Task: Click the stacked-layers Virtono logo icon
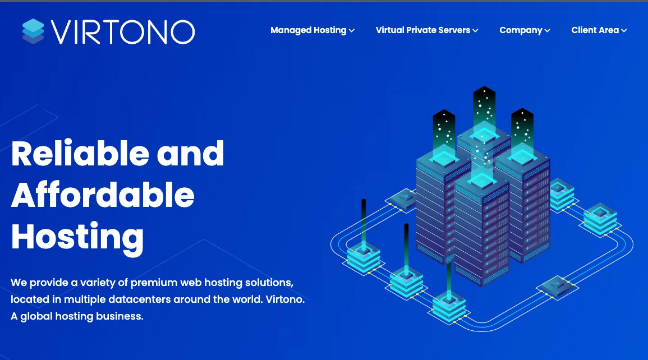click(33, 31)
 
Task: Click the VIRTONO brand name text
click(123, 32)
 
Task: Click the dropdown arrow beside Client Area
click(624, 30)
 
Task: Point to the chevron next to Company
click(547, 30)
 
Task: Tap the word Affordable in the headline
click(103, 195)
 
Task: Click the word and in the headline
click(190, 153)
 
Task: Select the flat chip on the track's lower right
click(558, 285)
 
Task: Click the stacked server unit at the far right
click(600, 219)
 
